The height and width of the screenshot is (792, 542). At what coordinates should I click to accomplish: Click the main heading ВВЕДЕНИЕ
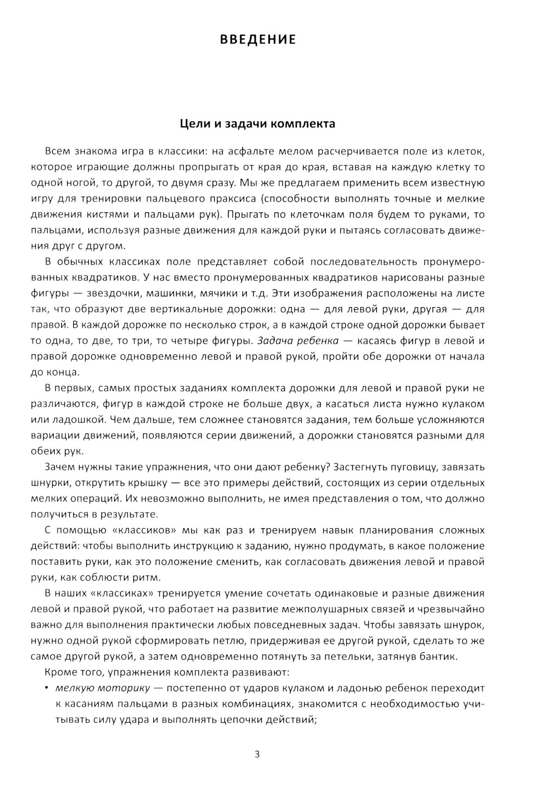[x=258, y=40]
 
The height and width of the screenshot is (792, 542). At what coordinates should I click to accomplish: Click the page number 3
[x=257, y=754]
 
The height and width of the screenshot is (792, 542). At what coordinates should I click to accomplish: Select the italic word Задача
[x=275, y=341]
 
